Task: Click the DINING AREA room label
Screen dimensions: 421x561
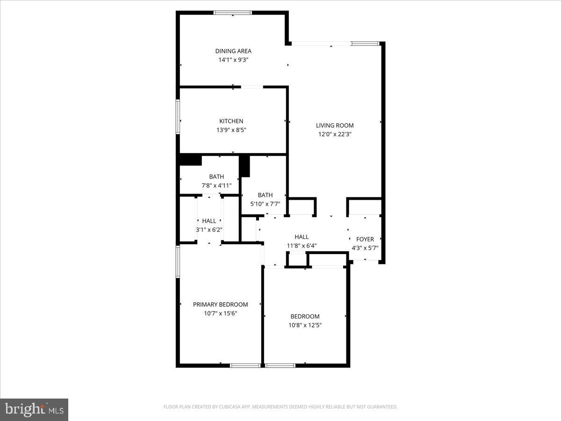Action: tap(233, 51)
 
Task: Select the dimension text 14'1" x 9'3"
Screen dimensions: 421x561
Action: tap(233, 59)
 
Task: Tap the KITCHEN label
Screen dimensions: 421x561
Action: tap(231, 121)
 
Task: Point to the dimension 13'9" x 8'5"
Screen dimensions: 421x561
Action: tap(231, 130)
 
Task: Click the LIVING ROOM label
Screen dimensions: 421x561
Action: tap(335, 125)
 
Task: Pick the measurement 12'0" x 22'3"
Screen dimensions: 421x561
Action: tap(335, 134)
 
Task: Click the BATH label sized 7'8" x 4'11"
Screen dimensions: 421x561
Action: tap(216, 176)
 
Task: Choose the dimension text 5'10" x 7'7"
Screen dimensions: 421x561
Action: tap(265, 203)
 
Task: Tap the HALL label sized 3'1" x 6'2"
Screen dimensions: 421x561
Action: tap(209, 221)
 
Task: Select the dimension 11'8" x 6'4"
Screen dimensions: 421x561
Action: tap(302, 246)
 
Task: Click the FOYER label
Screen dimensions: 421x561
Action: tap(365, 239)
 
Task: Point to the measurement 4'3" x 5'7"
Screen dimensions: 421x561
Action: tap(365, 248)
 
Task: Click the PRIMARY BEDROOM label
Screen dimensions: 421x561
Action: tap(221, 305)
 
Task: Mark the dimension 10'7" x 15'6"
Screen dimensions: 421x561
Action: tap(221, 313)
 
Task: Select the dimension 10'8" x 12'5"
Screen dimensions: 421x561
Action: tap(305, 325)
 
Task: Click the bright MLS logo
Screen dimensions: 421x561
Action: tap(34, 409)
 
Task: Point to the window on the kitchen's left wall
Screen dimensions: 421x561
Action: tap(178, 116)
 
